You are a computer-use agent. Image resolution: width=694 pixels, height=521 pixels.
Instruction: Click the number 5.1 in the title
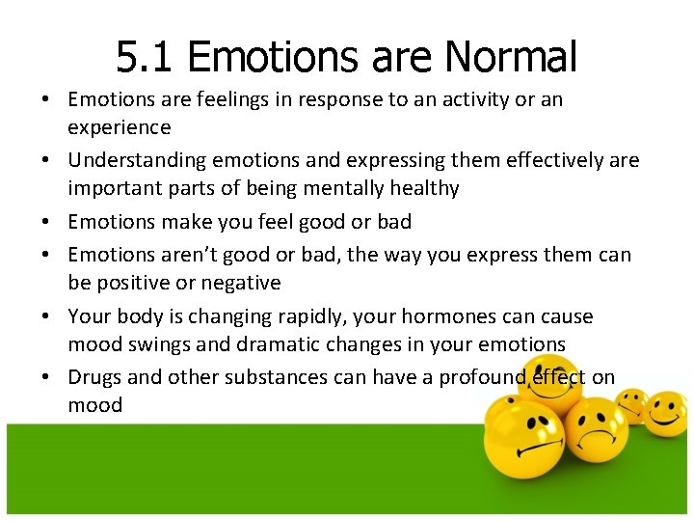pyautogui.click(x=146, y=57)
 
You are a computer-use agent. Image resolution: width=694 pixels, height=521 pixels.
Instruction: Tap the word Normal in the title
pyautogui.click(x=511, y=57)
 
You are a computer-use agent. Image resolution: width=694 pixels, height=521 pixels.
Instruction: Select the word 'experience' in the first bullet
pyautogui.click(x=119, y=128)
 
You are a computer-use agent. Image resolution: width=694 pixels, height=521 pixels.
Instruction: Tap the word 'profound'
pyautogui.click(x=481, y=377)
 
